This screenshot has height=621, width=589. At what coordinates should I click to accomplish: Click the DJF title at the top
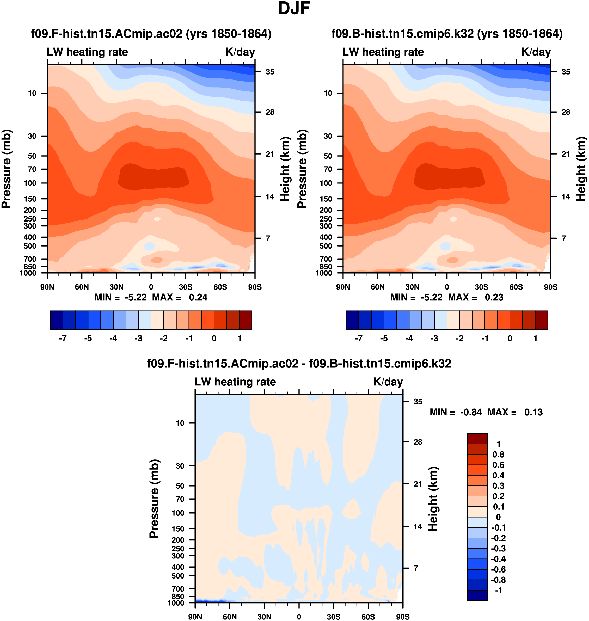click(x=294, y=9)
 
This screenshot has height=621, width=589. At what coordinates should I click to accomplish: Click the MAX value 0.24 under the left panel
click(x=198, y=297)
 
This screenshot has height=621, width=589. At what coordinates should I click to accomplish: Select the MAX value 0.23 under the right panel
click(x=494, y=297)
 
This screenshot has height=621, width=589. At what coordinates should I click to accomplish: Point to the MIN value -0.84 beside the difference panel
click(x=471, y=412)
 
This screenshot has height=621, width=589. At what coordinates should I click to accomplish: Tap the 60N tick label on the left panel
click(x=82, y=287)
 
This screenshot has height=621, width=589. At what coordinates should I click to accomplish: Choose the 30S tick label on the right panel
click(x=481, y=287)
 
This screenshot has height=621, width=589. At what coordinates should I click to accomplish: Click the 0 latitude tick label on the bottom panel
click(x=299, y=617)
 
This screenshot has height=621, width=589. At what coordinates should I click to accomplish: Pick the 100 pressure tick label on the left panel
click(x=30, y=183)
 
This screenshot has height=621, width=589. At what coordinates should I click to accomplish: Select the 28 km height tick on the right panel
click(x=566, y=112)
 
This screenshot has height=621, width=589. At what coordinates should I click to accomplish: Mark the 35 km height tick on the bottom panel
click(x=418, y=402)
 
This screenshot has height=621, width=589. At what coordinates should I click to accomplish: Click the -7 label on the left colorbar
click(x=63, y=339)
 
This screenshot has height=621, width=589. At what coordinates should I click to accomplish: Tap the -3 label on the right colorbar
click(x=434, y=339)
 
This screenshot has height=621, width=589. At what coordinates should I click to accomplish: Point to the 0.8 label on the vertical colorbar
click(x=498, y=454)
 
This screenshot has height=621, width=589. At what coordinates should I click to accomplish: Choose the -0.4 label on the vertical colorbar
click(x=498, y=559)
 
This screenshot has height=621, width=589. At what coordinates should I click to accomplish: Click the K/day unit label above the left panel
click(x=240, y=52)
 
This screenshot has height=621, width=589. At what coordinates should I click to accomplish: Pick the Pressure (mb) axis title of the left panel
click(x=6, y=169)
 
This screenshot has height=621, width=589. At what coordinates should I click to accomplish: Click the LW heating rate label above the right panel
click(x=383, y=52)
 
